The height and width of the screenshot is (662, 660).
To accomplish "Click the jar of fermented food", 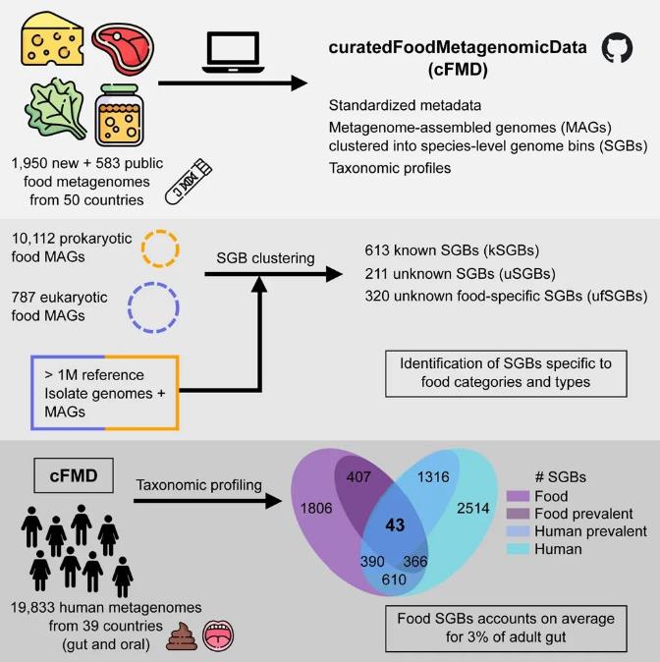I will click(121, 117).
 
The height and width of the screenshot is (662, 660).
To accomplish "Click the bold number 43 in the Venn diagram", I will click(396, 524).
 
